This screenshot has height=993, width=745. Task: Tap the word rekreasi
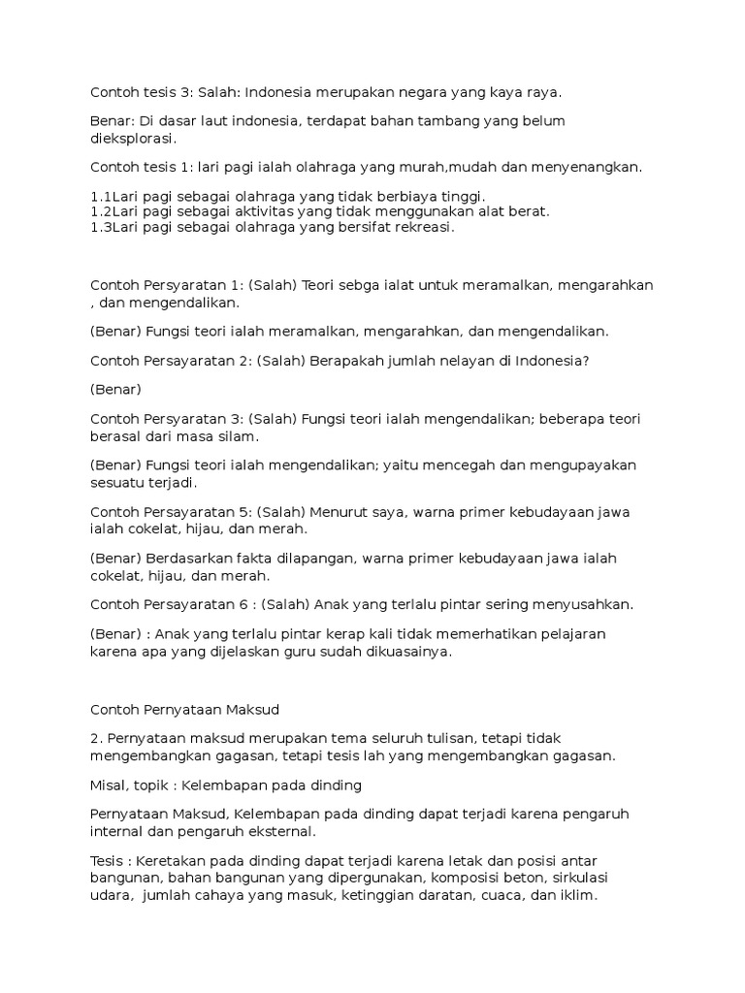coord(417,228)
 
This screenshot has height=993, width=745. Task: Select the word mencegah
coord(462,464)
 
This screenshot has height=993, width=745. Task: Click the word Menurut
coord(335,511)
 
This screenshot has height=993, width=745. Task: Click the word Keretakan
coord(171,860)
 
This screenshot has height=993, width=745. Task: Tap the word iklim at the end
coord(575,896)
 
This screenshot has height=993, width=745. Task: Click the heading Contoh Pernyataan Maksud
coord(184,709)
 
